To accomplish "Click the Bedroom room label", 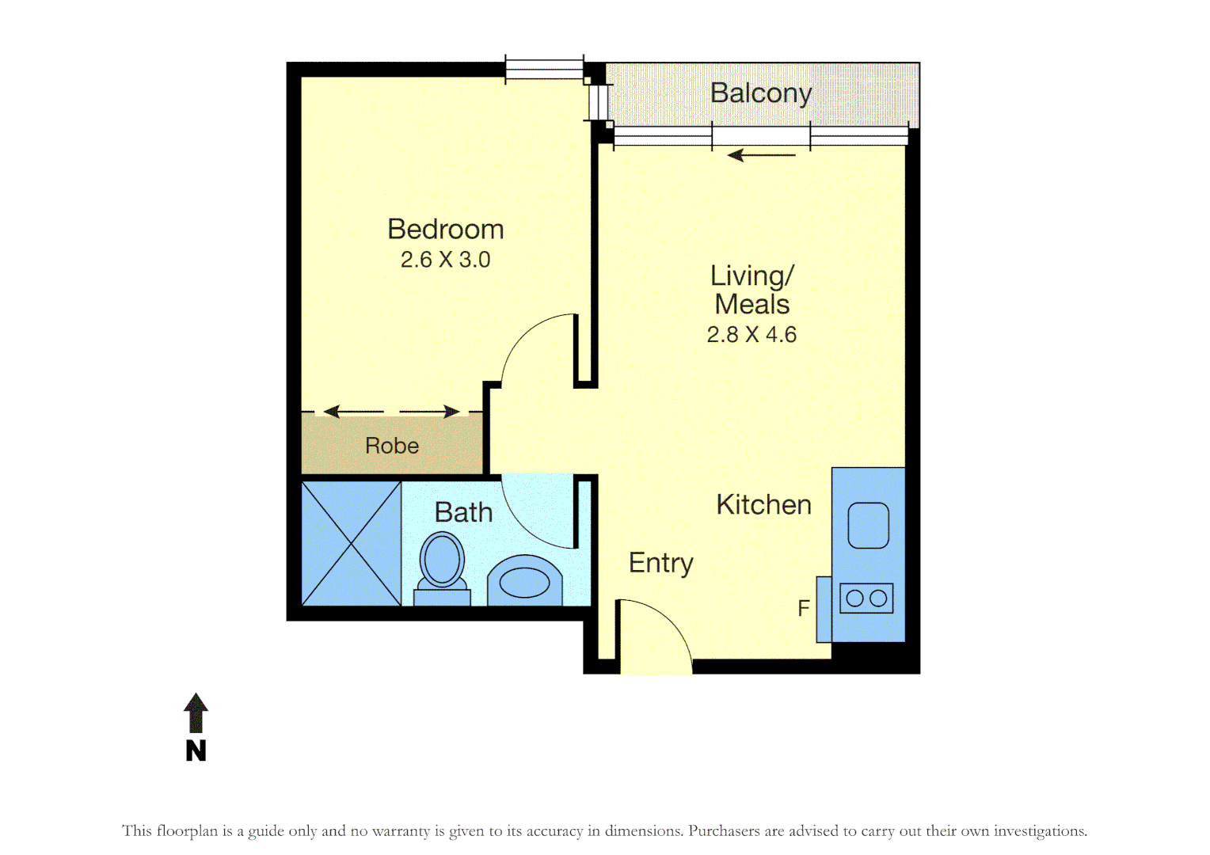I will (x=445, y=230).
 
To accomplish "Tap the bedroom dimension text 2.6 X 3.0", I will (x=445, y=260).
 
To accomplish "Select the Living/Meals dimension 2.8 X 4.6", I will (x=751, y=335).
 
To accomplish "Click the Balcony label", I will (x=760, y=93).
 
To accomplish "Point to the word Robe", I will (x=392, y=446).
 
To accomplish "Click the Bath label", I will (x=463, y=513).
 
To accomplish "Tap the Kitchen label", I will (x=763, y=505).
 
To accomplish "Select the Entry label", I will (x=660, y=563).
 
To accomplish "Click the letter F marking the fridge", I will (x=804, y=608).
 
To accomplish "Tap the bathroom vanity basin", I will (x=524, y=582).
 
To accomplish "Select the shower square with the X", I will (x=352, y=544).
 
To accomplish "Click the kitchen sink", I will (x=868, y=526).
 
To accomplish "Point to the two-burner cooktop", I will (x=866, y=598).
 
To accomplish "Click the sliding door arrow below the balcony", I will (x=761, y=155).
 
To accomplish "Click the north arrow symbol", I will (x=196, y=712).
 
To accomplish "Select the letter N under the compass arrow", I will (x=196, y=750).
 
